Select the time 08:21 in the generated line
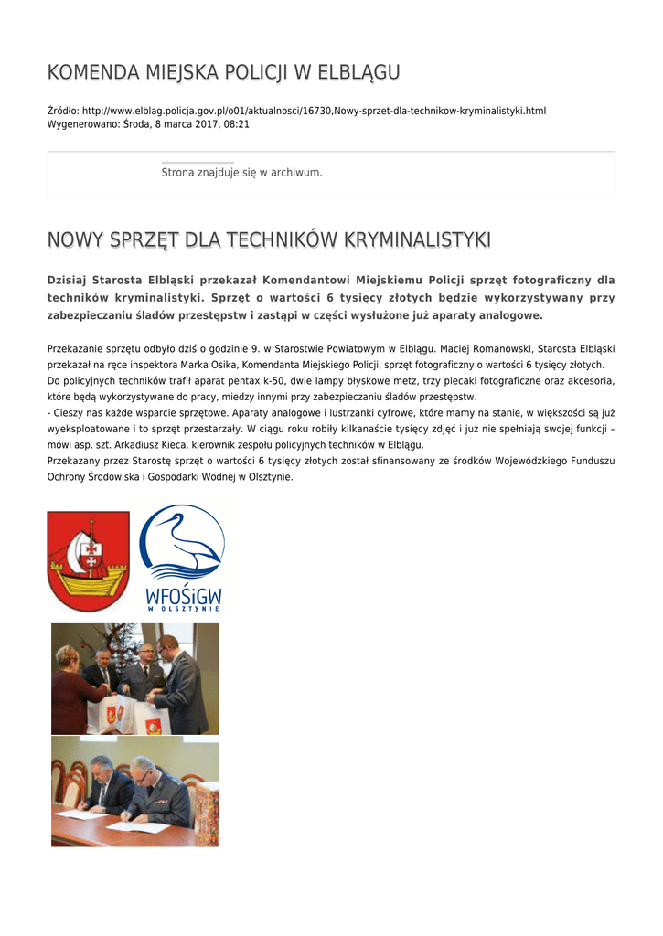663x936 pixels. pos(237,123)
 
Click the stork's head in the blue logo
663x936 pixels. pos(174,523)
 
